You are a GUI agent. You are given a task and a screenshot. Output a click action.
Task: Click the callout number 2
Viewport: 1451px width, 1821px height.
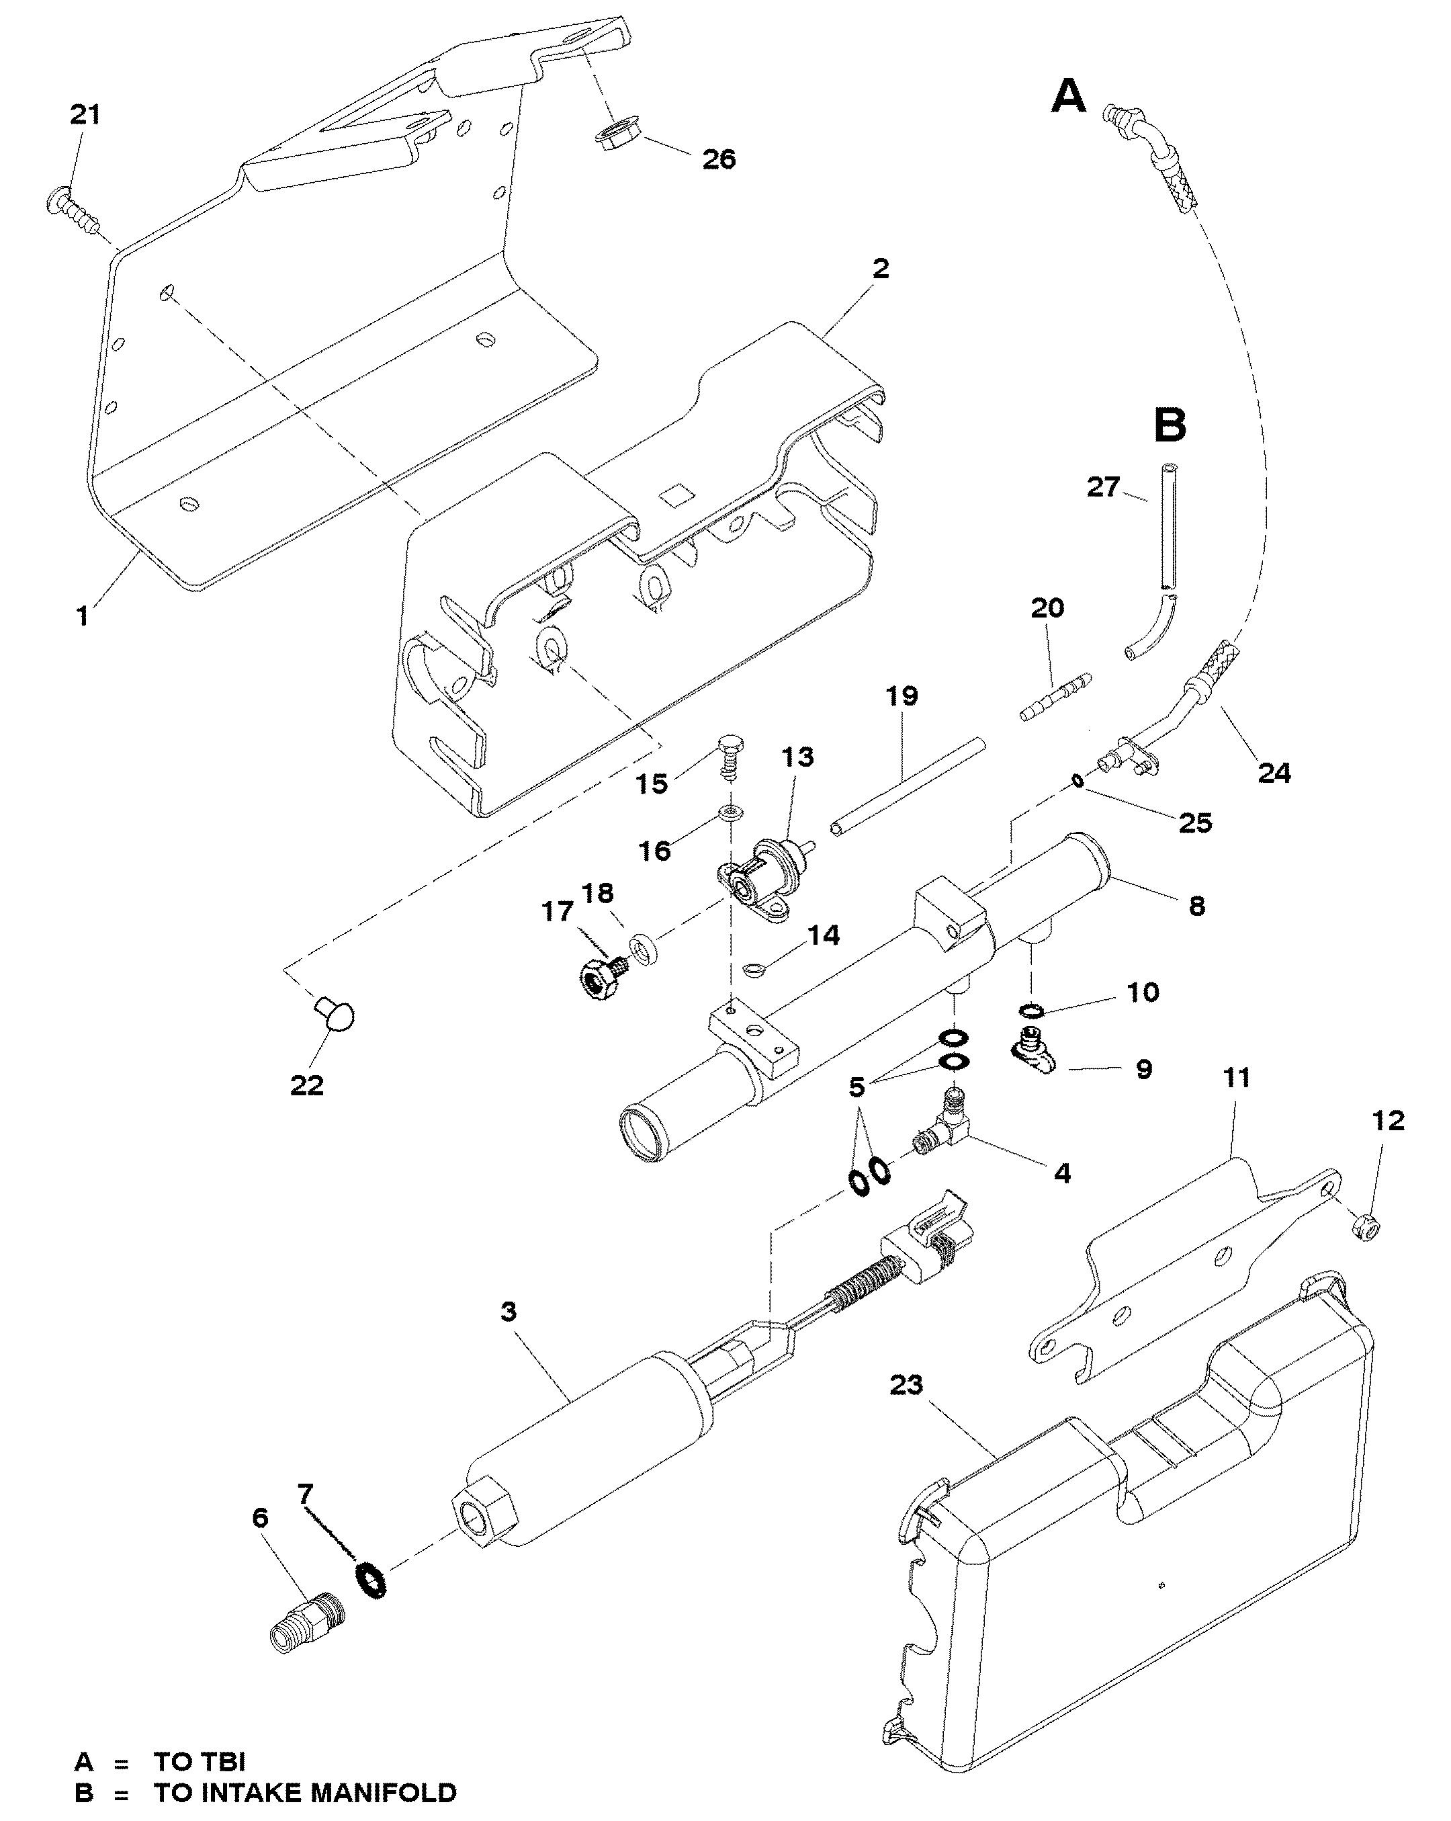pyautogui.click(x=880, y=269)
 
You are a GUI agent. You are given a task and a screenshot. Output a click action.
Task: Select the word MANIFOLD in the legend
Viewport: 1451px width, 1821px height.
pyautogui.click(x=371, y=1792)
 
